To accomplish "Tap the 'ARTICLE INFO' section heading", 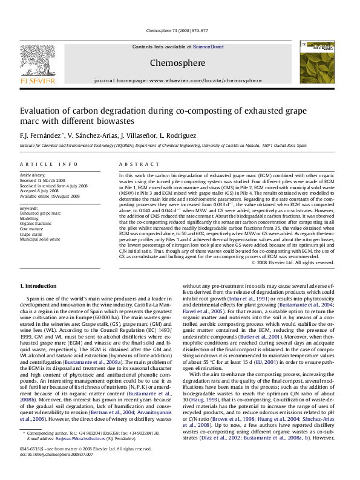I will coord(49,164).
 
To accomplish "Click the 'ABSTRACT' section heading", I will coord(134,164).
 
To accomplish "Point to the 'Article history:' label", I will coord(33,175).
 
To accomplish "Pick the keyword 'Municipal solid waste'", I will coord(40,239).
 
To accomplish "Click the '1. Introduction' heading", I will coord(39,285).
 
